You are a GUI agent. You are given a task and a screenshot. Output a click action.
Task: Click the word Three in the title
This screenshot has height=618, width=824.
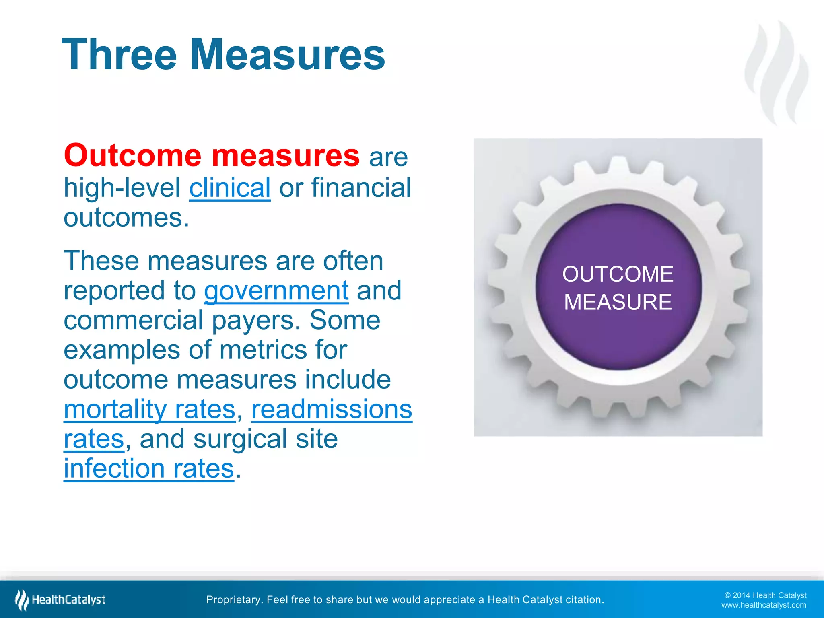pos(119,55)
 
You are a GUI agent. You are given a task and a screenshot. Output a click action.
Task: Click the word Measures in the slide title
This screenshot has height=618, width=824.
pos(287,55)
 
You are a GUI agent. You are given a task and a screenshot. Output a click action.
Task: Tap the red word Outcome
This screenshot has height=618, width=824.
pos(132,155)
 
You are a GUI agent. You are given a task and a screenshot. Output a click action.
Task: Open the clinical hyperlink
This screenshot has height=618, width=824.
pos(230,187)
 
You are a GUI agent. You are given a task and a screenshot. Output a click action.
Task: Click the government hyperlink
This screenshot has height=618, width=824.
pos(276,290)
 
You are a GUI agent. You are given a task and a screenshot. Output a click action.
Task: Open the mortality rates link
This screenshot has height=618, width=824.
pos(150,409)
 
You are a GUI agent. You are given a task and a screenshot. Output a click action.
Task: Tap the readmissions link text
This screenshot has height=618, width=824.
pos(332,409)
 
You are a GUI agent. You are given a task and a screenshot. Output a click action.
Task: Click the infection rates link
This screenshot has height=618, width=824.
pos(149,468)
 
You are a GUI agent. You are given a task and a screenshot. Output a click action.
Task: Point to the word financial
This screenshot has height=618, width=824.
pos(361,187)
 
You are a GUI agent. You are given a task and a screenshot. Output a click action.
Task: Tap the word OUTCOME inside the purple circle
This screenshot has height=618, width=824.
pos(618,274)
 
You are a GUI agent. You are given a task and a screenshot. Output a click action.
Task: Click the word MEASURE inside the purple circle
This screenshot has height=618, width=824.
pos(618,302)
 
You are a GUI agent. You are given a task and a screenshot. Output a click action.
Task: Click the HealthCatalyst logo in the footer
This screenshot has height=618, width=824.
pos(60,600)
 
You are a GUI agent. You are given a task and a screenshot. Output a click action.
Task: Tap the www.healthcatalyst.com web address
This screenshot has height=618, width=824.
pos(763,605)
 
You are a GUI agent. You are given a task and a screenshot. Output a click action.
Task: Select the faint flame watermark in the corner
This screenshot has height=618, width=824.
pos(777,72)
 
